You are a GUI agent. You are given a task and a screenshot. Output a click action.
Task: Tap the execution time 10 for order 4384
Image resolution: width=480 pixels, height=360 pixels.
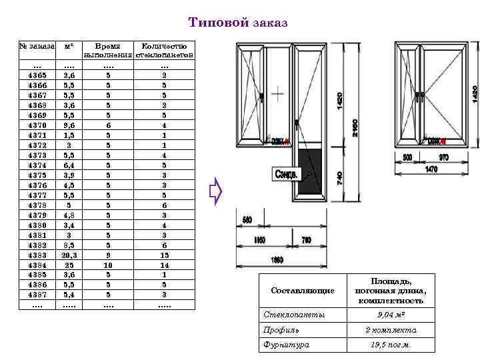[109, 265]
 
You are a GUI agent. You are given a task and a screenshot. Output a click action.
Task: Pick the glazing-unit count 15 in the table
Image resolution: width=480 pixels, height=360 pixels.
[164, 255]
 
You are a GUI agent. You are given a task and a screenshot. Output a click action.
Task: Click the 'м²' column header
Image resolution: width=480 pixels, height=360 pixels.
[68, 47]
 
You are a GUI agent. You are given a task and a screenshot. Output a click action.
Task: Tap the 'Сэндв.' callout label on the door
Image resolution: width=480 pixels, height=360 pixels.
[287, 173]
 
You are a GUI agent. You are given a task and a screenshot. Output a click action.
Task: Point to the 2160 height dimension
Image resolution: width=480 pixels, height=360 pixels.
[355, 127]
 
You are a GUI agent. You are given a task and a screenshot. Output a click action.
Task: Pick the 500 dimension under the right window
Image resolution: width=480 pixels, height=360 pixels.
[407, 157]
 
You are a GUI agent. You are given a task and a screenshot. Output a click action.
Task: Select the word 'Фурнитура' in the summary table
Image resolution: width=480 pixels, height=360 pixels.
[276, 345]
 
